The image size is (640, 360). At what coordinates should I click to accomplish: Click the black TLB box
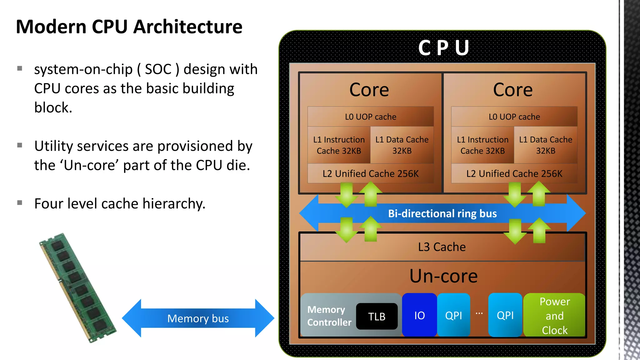pyautogui.click(x=377, y=316)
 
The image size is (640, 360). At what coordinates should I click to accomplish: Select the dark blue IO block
pyautogui.click(x=419, y=315)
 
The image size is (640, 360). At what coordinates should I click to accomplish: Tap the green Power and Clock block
pyautogui.click(x=554, y=316)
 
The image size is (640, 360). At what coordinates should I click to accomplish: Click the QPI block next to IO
pyautogui.click(x=453, y=315)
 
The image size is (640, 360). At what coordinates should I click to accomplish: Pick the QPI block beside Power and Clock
pyautogui.click(x=505, y=315)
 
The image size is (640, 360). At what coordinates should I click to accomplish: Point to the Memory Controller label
pyautogui.click(x=329, y=316)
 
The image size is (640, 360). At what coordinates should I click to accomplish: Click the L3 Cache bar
pyautogui.click(x=442, y=247)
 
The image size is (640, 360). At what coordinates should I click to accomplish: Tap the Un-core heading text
pyautogui.click(x=443, y=276)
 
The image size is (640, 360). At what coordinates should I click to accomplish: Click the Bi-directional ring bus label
pyautogui.click(x=442, y=213)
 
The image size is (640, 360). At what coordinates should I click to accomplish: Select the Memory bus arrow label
pyautogui.click(x=198, y=318)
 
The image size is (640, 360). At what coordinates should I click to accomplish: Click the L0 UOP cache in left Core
pyautogui.click(x=371, y=117)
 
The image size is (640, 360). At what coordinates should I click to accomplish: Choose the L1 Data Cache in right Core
pyautogui.click(x=546, y=145)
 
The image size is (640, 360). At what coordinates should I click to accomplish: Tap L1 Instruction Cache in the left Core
pyautogui.click(x=339, y=145)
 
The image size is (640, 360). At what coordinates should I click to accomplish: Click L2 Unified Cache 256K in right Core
pyautogui.click(x=514, y=174)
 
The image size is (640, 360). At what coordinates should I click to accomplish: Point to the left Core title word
pyautogui.click(x=369, y=90)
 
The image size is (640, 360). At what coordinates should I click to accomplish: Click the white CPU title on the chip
pyautogui.click(x=443, y=48)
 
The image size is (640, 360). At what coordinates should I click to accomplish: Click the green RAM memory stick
pyautogui.click(x=78, y=287)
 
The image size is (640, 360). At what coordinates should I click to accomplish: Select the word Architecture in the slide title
pyautogui.click(x=187, y=27)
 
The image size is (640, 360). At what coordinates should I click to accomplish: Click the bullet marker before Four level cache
pyautogui.click(x=20, y=203)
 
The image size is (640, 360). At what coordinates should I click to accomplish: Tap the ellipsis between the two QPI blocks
pyautogui.click(x=479, y=313)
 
